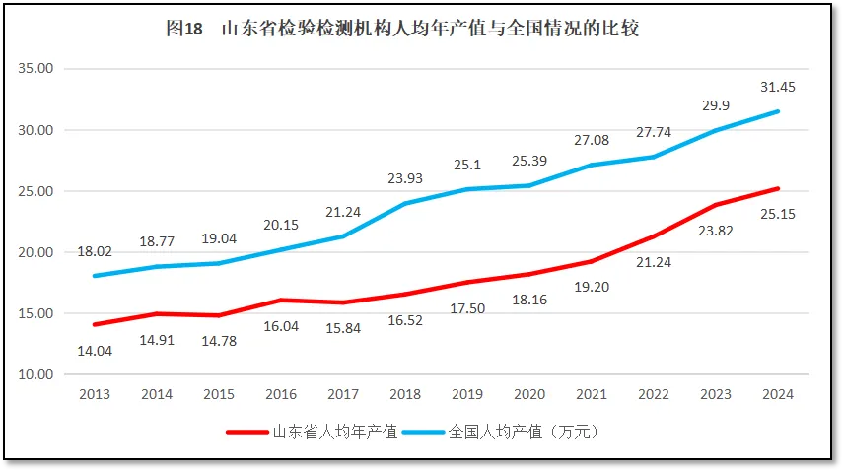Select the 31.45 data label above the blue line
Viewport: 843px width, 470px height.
778,87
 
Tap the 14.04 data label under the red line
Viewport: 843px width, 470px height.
96,350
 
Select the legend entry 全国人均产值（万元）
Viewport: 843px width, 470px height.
523,433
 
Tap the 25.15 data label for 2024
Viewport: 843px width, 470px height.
778,213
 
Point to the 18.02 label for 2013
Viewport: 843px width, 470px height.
95,251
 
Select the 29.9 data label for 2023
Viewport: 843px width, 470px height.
716,105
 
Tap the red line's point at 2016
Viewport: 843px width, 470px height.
280,300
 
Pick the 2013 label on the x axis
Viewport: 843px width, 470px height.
95,394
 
